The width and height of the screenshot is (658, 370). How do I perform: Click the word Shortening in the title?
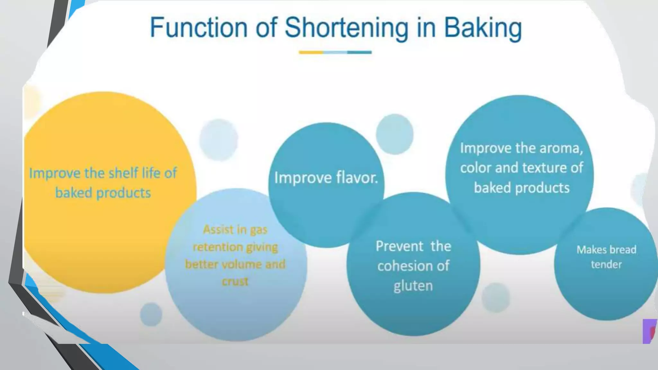[x=346, y=28]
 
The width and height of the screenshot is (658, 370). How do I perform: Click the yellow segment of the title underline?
[x=311, y=52]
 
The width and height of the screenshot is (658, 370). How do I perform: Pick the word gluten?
[x=413, y=286]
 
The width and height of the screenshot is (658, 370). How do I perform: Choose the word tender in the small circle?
[x=606, y=264]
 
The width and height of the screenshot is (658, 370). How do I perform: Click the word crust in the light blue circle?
[x=235, y=282]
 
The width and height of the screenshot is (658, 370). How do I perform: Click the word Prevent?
[x=399, y=246]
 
